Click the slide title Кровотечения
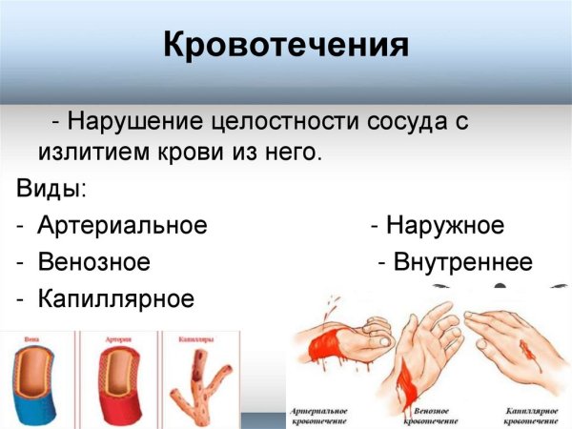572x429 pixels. click(286, 45)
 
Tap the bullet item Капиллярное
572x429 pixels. click(115, 298)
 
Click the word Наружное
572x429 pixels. click(444, 226)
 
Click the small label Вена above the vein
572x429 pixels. click(33, 337)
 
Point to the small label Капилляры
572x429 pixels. click(194, 337)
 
